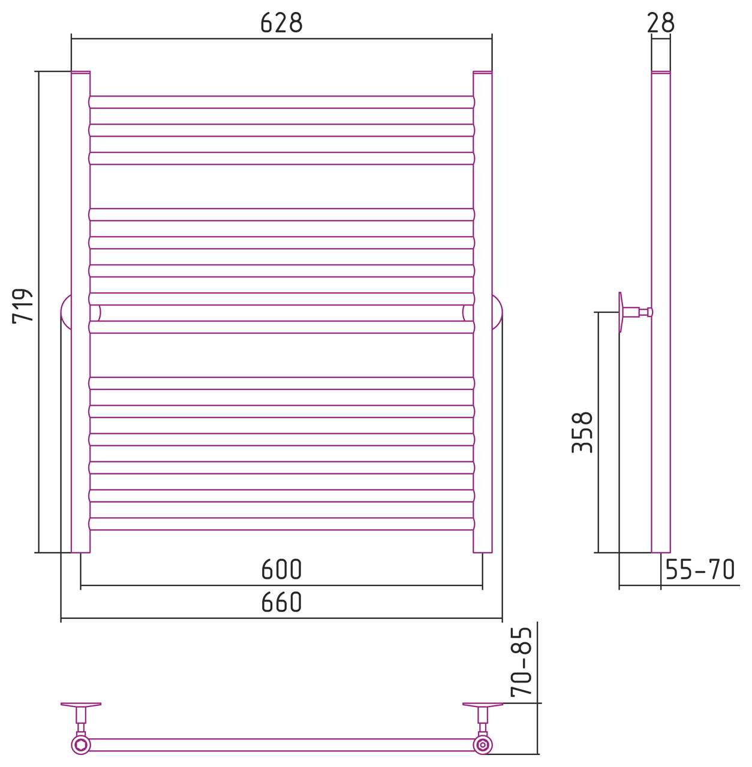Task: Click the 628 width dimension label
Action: [x=281, y=23]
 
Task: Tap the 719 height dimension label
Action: [x=22, y=306]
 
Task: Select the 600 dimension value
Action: [x=281, y=570]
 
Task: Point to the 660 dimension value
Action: [x=281, y=602]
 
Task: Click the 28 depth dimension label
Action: [x=660, y=23]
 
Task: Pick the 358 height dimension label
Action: [x=582, y=432]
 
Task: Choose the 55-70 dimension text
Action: [x=700, y=570]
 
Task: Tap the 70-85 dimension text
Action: [x=521, y=662]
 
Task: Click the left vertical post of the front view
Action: [x=80, y=312]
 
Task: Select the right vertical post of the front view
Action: [x=483, y=312]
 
